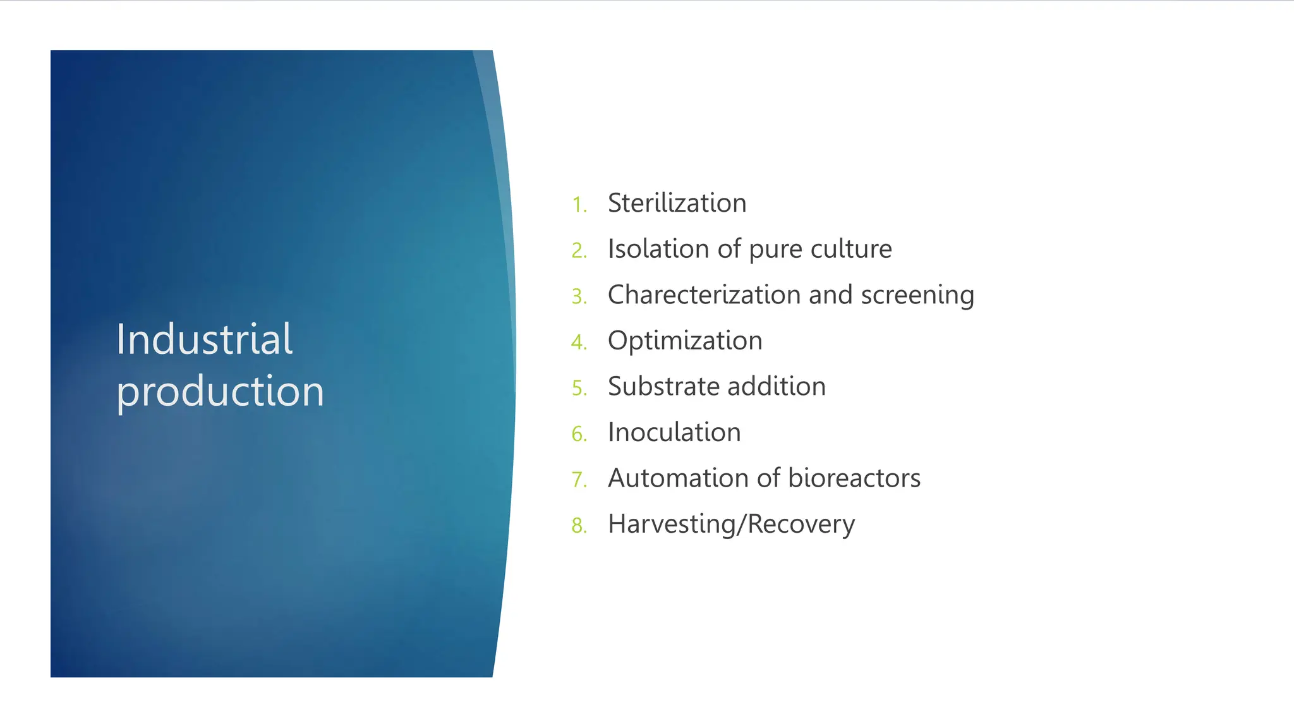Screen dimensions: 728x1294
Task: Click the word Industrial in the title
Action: coord(204,340)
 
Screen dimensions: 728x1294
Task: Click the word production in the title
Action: coord(220,391)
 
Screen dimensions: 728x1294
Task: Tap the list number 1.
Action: coord(579,205)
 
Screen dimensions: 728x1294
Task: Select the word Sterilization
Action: coord(677,203)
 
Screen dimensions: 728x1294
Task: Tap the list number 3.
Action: coord(579,296)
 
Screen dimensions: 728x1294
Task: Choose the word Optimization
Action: coord(685,341)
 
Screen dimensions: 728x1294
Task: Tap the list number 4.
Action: coord(579,343)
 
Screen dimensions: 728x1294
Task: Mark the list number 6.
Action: coord(579,434)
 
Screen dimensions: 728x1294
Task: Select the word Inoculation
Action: coord(674,433)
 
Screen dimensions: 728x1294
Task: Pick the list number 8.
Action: coord(579,526)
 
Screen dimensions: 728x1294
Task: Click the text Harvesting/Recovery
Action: coord(731,525)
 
